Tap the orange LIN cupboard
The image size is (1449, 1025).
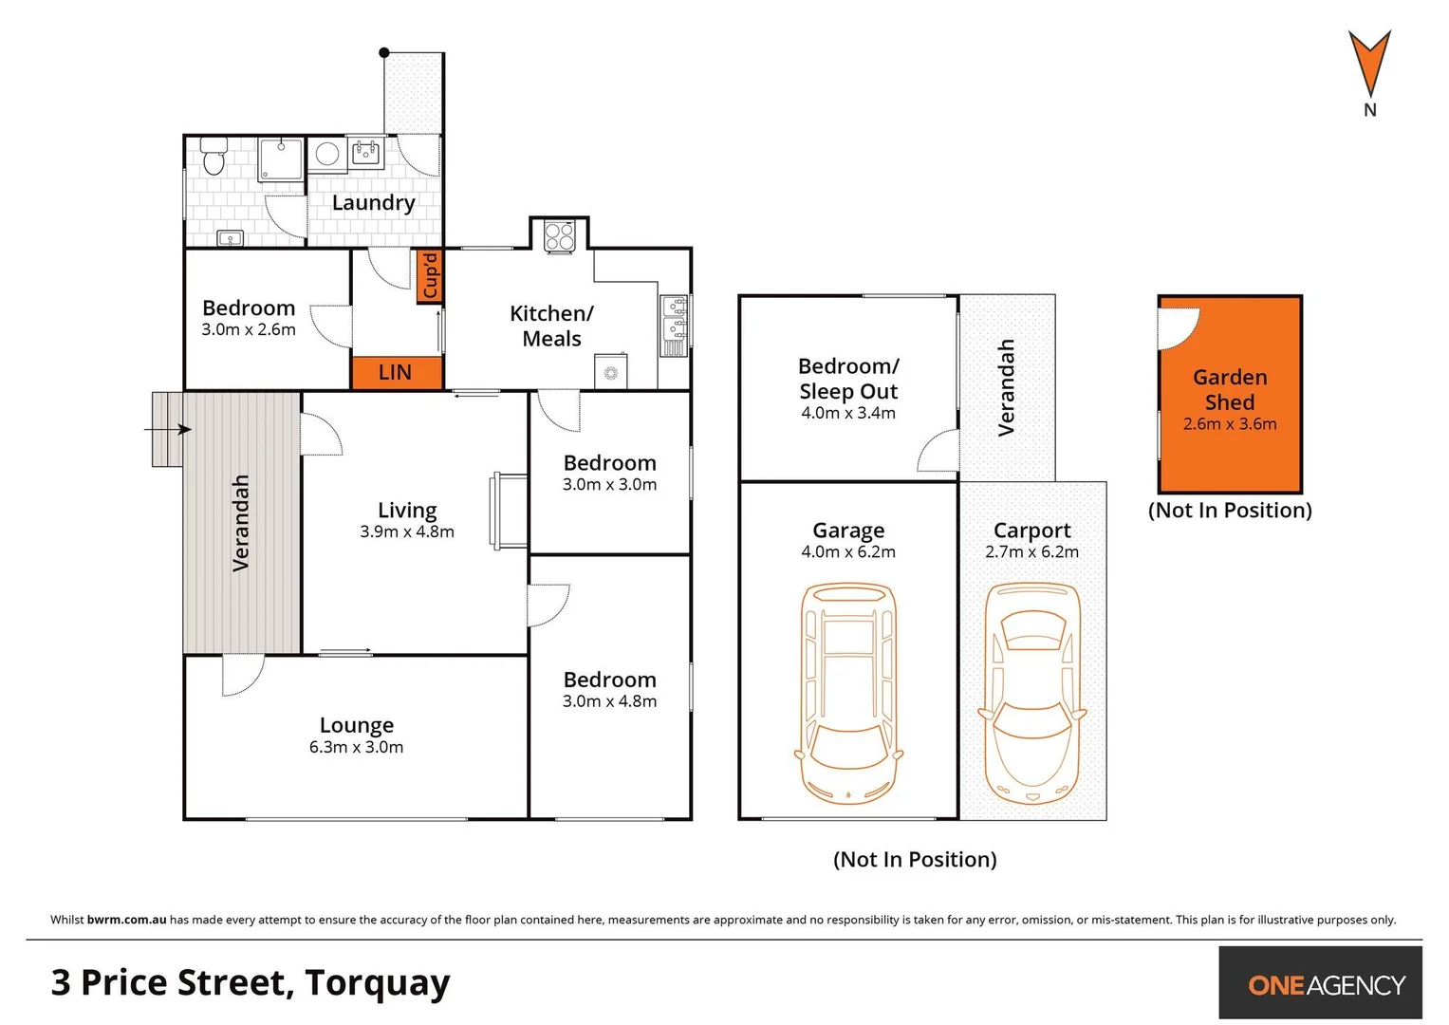(396, 372)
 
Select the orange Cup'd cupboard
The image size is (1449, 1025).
(430, 276)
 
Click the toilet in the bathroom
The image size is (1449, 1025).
(214, 157)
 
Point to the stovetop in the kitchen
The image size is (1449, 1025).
(560, 235)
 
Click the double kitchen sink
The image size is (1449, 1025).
(675, 318)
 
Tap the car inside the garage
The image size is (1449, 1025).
(848, 694)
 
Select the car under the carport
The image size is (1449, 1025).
(1032, 694)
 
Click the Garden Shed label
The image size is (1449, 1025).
(1230, 389)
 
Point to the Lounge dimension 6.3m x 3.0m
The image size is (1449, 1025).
(356, 748)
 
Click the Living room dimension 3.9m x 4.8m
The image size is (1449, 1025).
(407, 532)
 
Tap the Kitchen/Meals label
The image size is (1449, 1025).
(551, 326)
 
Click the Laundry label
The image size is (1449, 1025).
(373, 202)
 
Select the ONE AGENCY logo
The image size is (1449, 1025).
(1326, 984)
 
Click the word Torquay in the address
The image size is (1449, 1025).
(377, 983)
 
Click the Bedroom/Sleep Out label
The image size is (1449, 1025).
(848, 379)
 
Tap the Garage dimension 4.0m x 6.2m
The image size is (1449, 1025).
(848, 552)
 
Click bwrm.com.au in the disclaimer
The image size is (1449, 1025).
(126, 920)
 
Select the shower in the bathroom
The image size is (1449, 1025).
(282, 159)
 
